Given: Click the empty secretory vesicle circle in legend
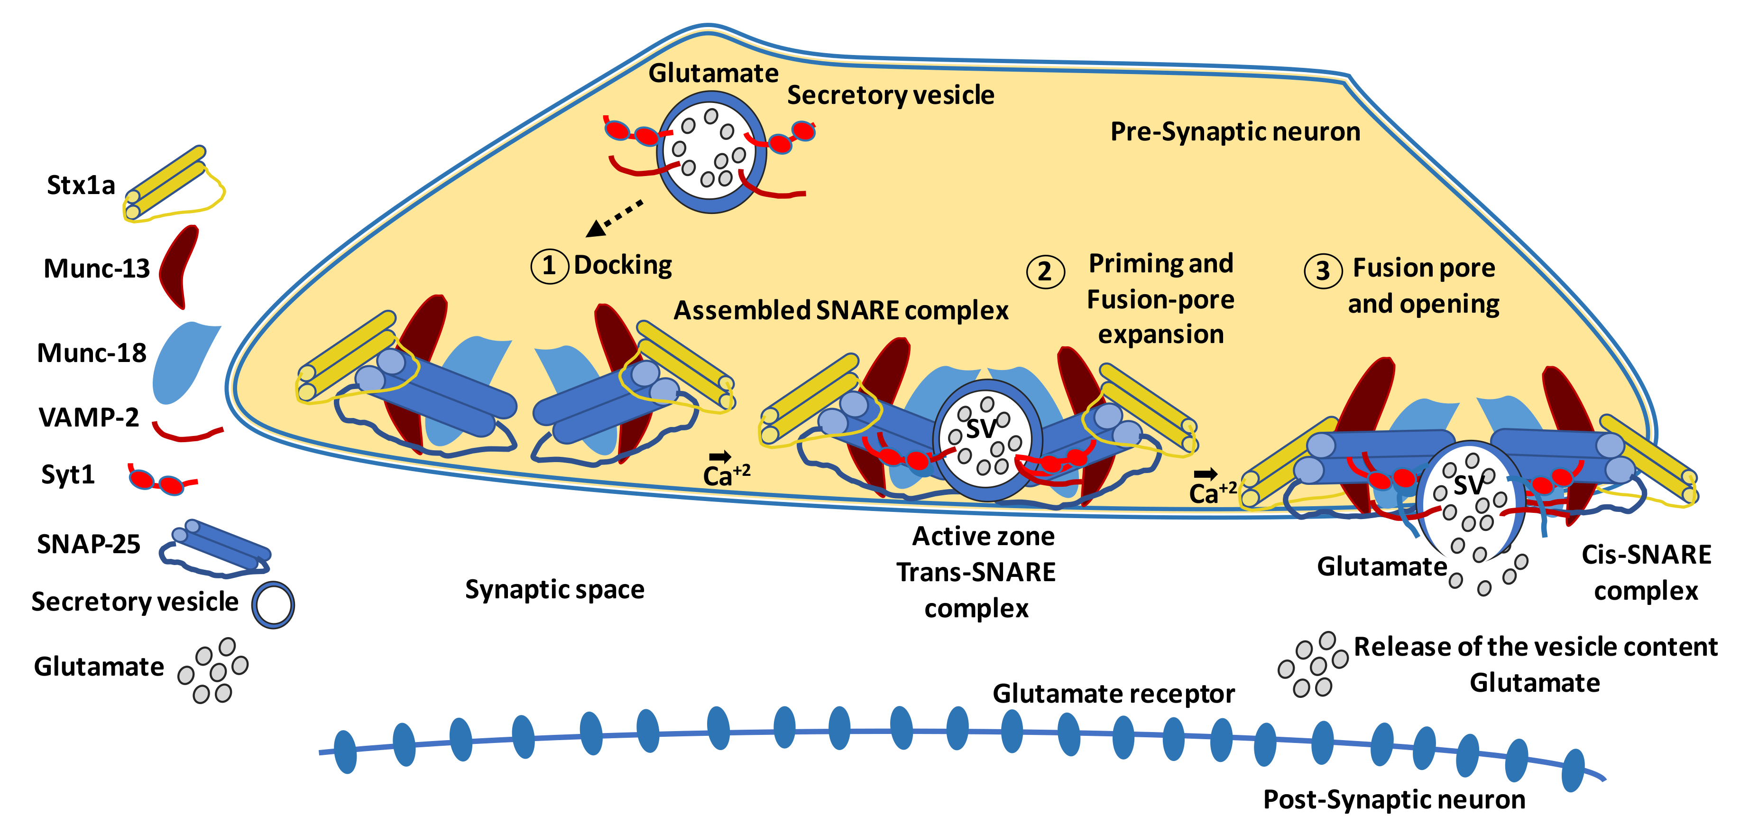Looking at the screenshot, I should [273, 604].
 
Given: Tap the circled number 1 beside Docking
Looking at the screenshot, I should [549, 266].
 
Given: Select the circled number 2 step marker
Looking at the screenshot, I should [1044, 271].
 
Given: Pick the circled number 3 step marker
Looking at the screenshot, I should [1322, 271].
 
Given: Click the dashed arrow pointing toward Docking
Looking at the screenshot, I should [615, 218].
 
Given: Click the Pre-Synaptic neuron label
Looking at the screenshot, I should [1235, 132].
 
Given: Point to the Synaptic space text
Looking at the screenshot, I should [554, 590].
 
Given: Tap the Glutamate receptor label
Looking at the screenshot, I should [1113, 694].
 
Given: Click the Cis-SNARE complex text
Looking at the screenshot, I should [1646, 572].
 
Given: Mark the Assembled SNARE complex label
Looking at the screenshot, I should [840, 310].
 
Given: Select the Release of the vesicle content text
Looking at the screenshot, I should [1535, 647].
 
